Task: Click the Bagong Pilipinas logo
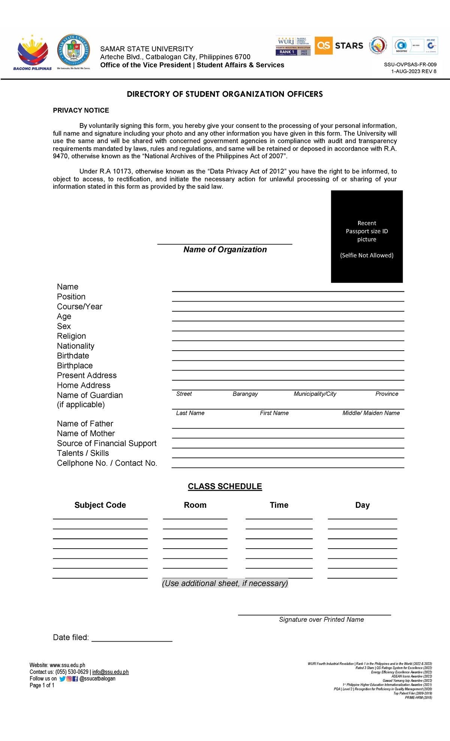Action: coord(33,52)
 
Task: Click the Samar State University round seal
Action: coord(73,51)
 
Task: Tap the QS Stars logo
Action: coord(339,46)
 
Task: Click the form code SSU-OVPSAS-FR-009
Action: coord(410,64)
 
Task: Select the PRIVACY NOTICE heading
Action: coord(81,110)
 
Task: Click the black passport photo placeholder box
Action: coord(366,236)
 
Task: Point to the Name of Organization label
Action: coord(225,250)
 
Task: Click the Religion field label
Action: coord(71,336)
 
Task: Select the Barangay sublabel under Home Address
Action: coord(245,394)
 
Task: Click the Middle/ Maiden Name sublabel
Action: coord(371,413)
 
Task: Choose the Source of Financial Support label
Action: coord(106,443)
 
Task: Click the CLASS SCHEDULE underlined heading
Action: coord(225,486)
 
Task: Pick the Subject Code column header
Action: coord(100,505)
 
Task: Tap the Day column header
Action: coord(362,505)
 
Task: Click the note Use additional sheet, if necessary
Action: coord(225,583)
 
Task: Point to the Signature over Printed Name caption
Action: coord(321,619)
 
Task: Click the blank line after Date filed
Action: coord(132,639)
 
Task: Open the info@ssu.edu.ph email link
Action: coord(110,672)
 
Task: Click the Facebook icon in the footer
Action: coord(75,679)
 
